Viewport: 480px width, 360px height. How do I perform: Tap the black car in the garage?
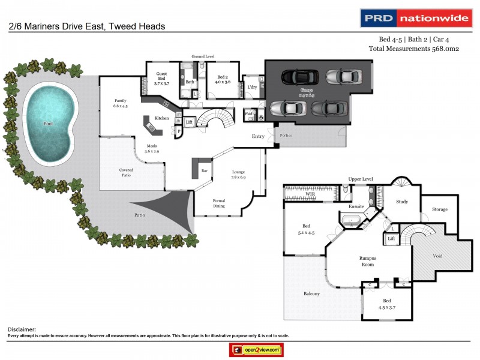coord(296,77)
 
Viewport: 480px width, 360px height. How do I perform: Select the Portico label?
coord(285,136)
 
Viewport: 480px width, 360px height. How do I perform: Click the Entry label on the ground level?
coord(258,137)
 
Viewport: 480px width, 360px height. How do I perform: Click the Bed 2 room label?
coord(223,79)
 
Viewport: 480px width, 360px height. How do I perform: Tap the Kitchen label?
coord(162,118)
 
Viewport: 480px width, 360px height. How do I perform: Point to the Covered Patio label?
coord(126,173)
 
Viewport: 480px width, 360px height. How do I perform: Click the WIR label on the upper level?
coord(310,194)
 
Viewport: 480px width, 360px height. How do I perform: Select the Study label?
coord(402,202)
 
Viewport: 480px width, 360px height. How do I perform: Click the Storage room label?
coord(440,209)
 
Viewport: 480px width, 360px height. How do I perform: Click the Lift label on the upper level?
coord(391,239)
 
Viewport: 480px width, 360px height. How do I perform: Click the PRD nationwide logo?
coord(415,18)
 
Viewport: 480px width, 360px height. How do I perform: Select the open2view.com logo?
coord(256,349)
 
